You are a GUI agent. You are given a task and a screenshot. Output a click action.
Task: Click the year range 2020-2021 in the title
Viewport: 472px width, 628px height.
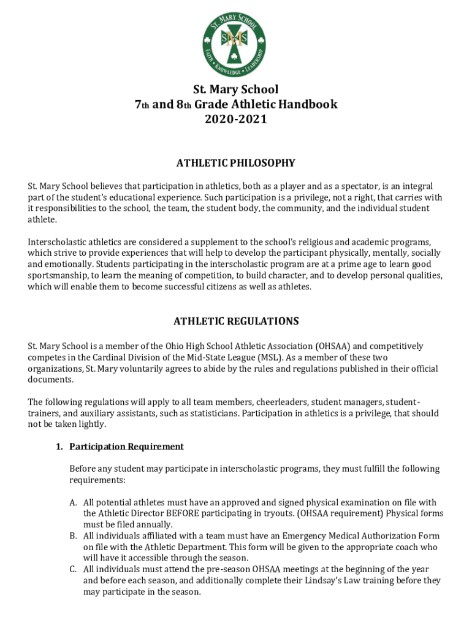(236, 120)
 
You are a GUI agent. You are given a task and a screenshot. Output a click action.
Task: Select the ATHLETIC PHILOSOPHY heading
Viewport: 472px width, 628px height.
(236, 163)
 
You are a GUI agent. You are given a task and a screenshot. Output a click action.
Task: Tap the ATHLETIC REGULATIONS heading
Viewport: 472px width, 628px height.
(236, 321)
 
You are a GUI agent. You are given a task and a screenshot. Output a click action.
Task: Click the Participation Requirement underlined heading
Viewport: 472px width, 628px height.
(126, 446)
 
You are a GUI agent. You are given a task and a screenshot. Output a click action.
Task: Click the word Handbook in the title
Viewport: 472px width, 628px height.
(307, 104)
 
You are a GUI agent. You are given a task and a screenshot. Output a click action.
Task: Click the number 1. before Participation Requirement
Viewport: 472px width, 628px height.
(59, 446)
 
